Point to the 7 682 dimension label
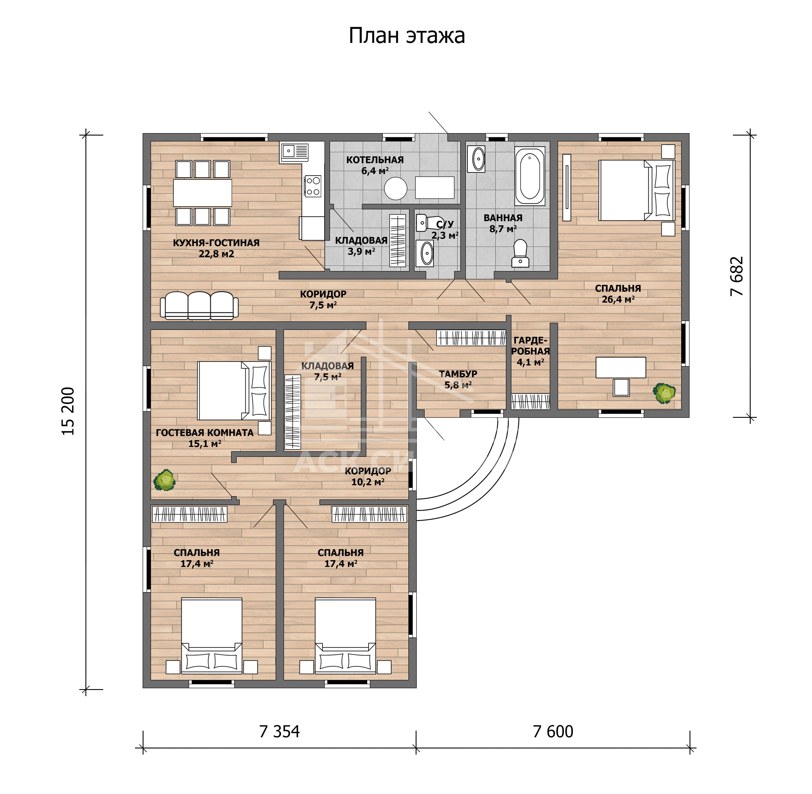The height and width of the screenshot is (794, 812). click(x=737, y=276)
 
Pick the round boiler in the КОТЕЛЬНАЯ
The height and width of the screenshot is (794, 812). click(x=395, y=189)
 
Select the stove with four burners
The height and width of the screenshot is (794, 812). click(x=313, y=186)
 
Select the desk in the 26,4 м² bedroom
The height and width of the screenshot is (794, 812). click(x=621, y=367)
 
